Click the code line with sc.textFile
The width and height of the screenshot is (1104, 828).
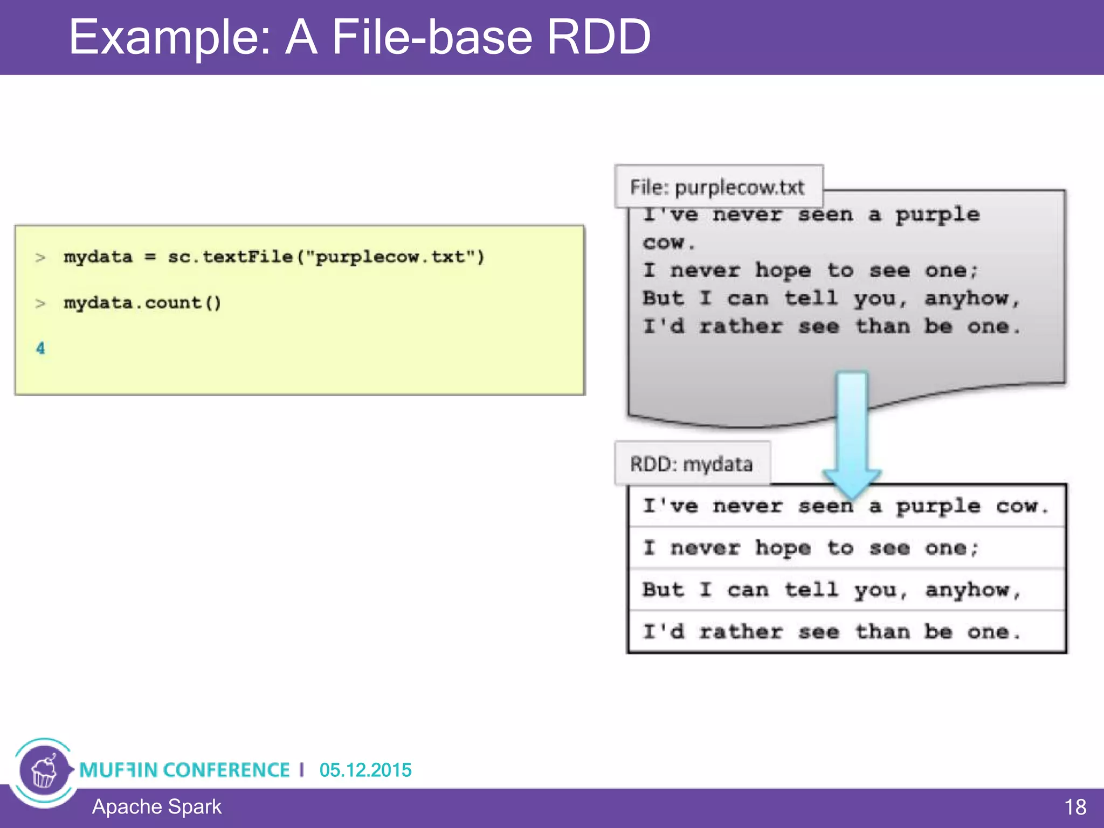pyautogui.click(x=274, y=257)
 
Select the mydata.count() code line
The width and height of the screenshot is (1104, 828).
pyautogui.click(x=142, y=303)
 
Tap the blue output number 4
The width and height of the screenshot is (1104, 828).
pyautogui.click(x=40, y=348)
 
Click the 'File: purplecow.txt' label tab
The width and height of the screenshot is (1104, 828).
pyautogui.click(x=717, y=187)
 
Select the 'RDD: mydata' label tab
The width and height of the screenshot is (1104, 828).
pyautogui.click(x=692, y=464)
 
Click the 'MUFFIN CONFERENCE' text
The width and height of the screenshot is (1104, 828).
pyautogui.click(x=184, y=770)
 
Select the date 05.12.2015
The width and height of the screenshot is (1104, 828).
pyautogui.click(x=365, y=770)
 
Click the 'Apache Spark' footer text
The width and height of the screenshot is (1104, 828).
pyautogui.click(x=156, y=807)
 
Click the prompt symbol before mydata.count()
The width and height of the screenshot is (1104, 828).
pyautogui.click(x=40, y=303)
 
